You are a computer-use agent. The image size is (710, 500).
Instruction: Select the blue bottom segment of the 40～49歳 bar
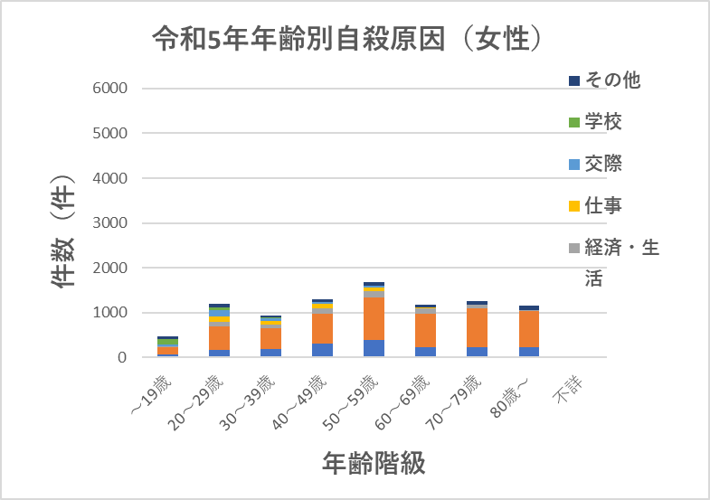[x=322, y=350]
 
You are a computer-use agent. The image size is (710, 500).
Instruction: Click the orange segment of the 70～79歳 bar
[x=477, y=328]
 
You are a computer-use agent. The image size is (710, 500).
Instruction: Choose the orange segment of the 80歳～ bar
[x=528, y=329]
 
